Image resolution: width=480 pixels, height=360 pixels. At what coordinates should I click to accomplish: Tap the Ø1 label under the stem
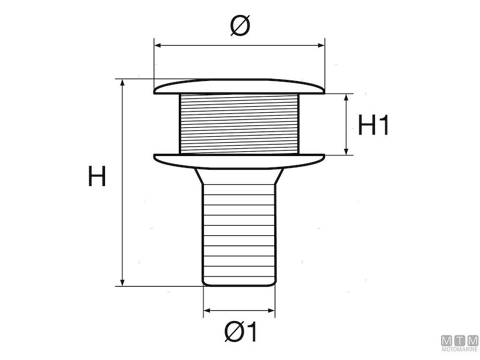tap(239, 332)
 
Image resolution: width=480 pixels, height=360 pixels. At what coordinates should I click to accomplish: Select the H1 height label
tap(374, 125)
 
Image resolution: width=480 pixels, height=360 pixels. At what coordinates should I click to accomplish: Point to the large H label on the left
tap(97, 177)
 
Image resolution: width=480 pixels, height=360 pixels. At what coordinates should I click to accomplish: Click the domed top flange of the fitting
tap(239, 87)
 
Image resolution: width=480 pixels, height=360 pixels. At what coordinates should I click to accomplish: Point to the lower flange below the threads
tap(239, 160)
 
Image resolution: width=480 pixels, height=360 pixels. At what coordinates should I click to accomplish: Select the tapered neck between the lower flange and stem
tap(239, 176)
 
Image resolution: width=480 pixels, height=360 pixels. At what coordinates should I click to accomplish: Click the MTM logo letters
tap(460, 340)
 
